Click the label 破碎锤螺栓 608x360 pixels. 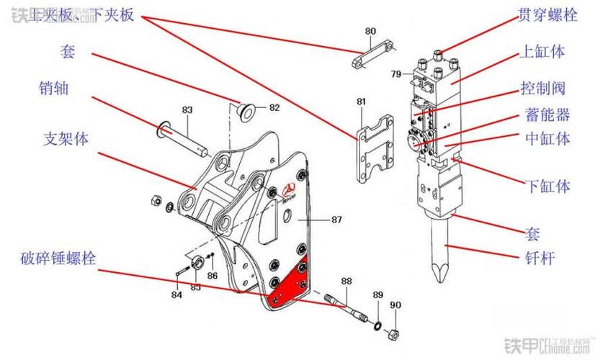(x=58, y=257)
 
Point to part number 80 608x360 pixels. (x=370, y=32)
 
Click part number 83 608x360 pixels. (x=187, y=110)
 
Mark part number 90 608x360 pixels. (x=395, y=305)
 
